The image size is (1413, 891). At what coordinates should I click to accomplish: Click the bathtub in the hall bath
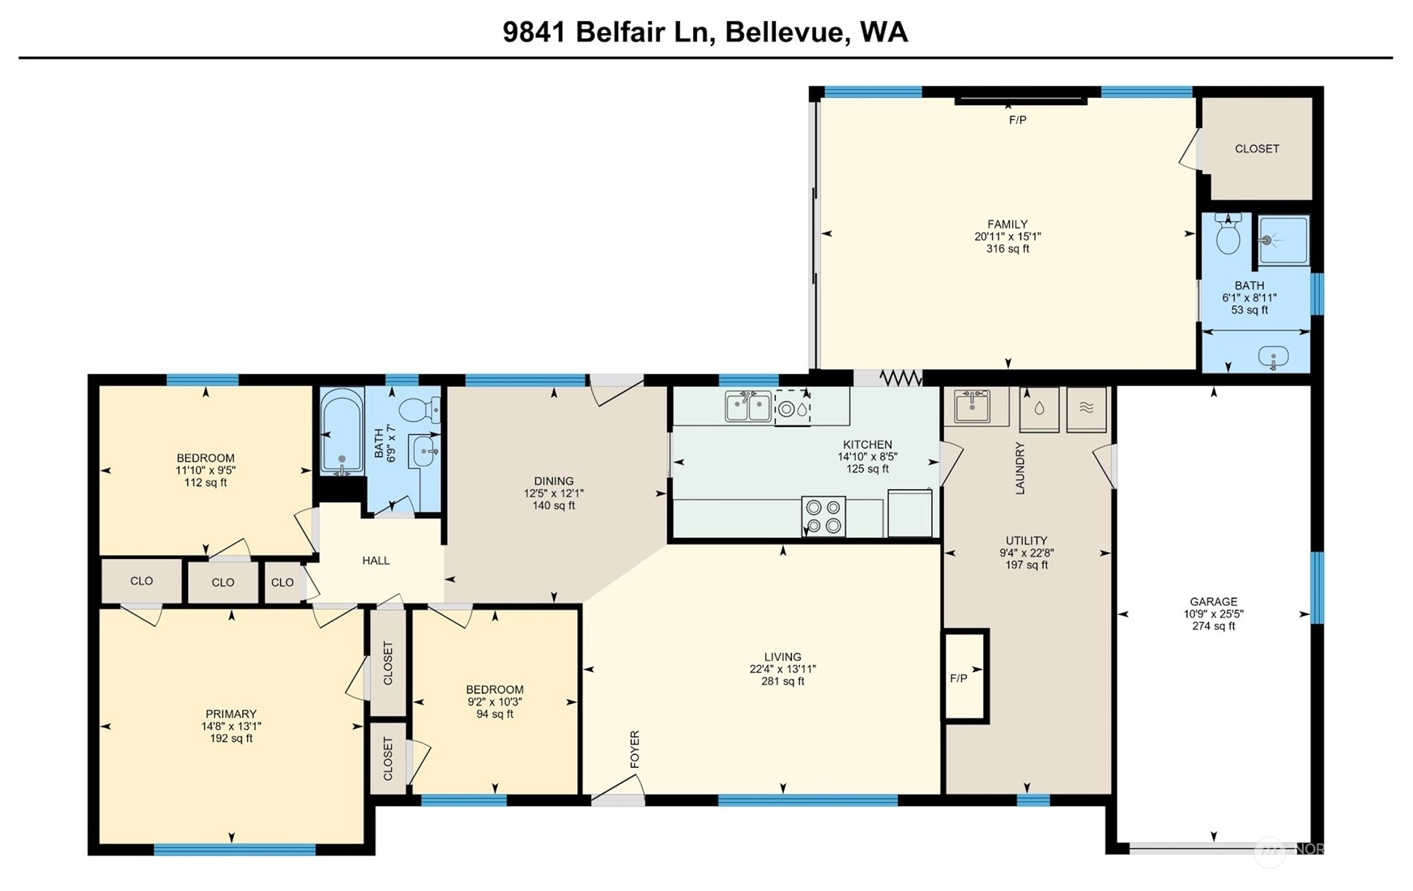point(342,431)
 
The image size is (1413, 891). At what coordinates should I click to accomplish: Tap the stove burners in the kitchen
point(824,517)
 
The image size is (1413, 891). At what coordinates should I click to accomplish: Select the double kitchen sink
point(748,407)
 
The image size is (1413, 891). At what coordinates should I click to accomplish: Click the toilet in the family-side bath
point(1228,234)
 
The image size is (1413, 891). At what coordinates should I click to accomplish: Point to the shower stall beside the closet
point(1283,241)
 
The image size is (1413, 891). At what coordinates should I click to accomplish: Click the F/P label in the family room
point(1018,120)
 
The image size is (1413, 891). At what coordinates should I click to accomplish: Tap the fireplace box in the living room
point(966,676)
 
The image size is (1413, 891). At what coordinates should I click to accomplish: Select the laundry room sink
point(972,406)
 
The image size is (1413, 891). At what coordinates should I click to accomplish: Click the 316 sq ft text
point(1007,249)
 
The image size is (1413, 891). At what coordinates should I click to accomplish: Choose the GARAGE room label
point(1213,602)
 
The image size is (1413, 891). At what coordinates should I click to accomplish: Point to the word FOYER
point(635,749)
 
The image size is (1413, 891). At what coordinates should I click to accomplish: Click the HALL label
point(376,561)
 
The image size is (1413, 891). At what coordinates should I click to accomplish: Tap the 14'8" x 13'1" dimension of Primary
point(231,727)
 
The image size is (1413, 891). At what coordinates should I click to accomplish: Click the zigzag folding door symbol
point(900,377)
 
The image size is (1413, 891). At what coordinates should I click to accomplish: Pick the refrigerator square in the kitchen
point(910,514)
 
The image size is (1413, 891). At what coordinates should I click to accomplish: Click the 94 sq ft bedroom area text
point(495,714)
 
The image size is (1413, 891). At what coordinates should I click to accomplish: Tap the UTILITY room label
point(1027,541)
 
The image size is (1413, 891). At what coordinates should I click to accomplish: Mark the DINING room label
point(554,481)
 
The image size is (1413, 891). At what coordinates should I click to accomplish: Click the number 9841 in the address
point(534,32)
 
